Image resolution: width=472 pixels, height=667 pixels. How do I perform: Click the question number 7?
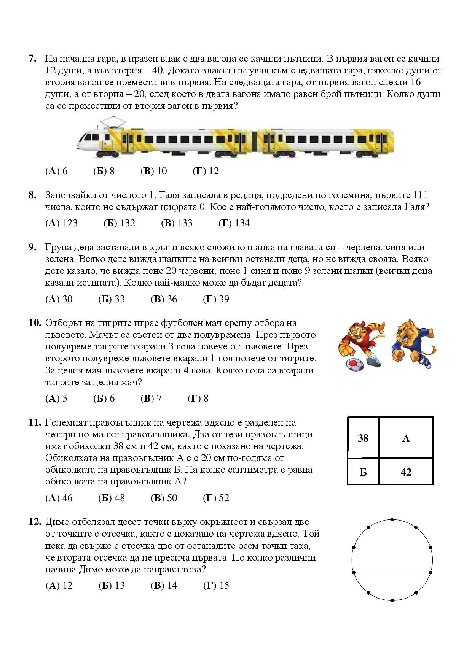click(x=32, y=59)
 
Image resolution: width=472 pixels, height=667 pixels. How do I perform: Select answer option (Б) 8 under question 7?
click(x=104, y=171)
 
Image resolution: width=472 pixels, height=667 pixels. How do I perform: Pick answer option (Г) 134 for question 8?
click(x=234, y=223)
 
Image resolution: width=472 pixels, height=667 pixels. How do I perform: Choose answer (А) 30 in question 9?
click(x=59, y=299)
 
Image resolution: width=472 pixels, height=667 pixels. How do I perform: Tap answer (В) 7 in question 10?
click(x=151, y=399)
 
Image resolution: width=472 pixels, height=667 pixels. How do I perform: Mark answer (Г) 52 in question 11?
click(x=216, y=498)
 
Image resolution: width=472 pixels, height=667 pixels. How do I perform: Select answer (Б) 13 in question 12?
click(x=112, y=586)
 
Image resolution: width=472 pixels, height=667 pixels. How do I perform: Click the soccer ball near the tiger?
click(x=355, y=364)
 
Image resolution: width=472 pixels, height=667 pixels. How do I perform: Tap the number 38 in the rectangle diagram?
click(x=363, y=438)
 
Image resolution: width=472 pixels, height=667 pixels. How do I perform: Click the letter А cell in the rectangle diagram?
click(x=406, y=439)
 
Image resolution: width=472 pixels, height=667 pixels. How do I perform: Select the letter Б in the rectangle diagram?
click(x=363, y=472)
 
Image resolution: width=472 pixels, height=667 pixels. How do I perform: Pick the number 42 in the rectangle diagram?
click(x=406, y=472)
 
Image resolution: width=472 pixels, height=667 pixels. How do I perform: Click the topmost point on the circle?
click(x=392, y=519)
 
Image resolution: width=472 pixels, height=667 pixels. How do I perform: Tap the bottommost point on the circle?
click(x=392, y=600)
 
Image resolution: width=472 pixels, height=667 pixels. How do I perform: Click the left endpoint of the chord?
click(x=354, y=572)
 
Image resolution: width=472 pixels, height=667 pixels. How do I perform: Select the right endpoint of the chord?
click(x=431, y=572)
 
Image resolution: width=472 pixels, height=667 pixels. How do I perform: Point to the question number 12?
click(x=35, y=522)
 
